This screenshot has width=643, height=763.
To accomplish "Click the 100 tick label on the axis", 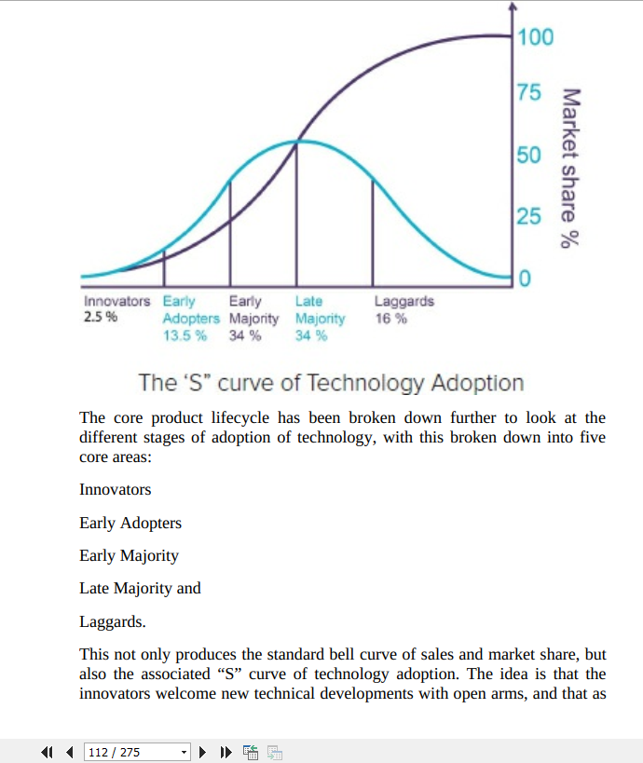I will pyautogui.click(x=536, y=37).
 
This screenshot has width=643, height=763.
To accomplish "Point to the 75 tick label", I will pyautogui.click(x=529, y=93).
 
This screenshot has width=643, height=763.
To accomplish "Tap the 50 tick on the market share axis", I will pyautogui.click(x=529, y=155).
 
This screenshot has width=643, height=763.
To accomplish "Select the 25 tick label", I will pyautogui.click(x=529, y=217).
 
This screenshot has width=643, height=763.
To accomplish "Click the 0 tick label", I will pyautogui.click(x=525, y=279).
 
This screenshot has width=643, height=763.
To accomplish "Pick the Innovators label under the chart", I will pyautogui.click(x=116, y=302).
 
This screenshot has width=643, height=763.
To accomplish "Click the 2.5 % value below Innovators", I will pyautogui.click(x=101, y=318).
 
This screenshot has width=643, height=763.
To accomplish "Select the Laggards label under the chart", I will pyautogui.click(x=404, y=302).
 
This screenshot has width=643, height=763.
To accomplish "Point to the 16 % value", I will pyautogui.click(x=390, y=318).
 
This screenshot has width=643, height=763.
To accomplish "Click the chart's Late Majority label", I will pyautogui.click(x=320, y=310).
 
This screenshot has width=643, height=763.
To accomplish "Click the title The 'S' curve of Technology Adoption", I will pyautogui.click(x=331, y=383).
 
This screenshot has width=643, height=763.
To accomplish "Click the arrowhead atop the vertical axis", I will pyautogui.click(x=512, y=7).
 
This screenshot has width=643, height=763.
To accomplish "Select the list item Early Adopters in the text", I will pyautogui.click(x=130, y=523).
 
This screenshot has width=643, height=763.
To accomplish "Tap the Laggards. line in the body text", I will pyautogui.click(x=113, y=621).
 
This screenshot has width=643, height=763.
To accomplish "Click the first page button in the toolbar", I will pyautogui.click(x=47, y=752).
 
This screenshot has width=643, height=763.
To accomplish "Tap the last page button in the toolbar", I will pyautogui.click(x=226, y=752).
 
